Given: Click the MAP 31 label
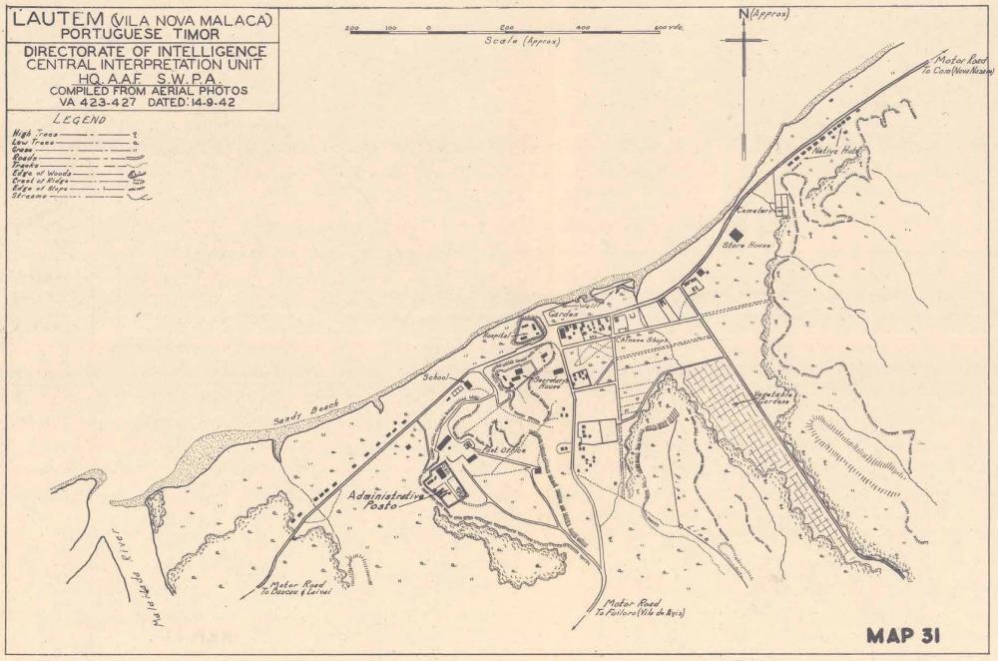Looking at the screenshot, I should point(904,635).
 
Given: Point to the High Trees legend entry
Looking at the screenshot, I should point(34,133).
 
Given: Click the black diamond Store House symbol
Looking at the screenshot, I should point(737,234).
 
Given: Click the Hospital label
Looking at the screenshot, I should point(499,336).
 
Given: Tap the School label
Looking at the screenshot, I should point(437,378).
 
